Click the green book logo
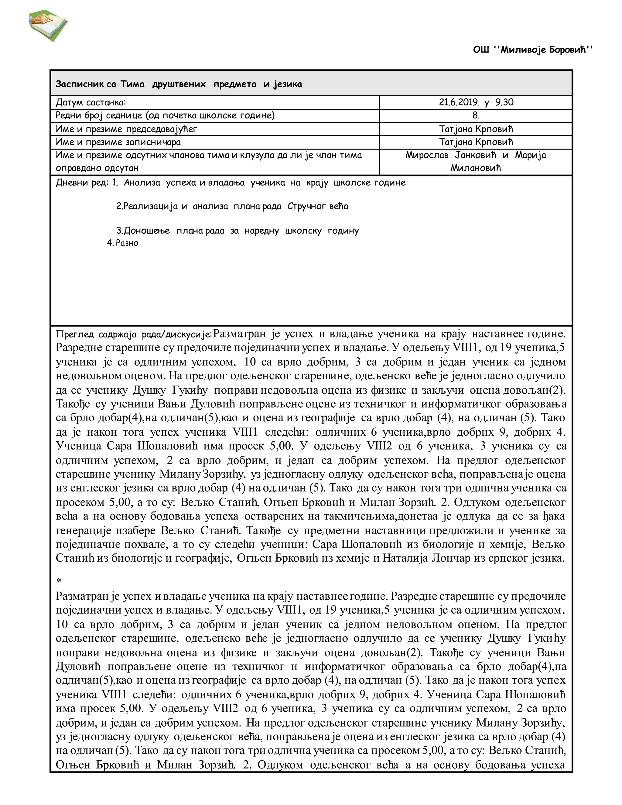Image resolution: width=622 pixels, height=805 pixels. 48,26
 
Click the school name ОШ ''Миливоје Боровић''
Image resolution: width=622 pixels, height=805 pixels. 533,50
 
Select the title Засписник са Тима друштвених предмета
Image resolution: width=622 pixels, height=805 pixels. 179,84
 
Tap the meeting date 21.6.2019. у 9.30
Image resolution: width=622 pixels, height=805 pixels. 476,102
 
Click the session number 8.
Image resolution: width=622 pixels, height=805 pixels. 476,115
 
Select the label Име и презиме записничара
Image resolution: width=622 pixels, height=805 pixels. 118,142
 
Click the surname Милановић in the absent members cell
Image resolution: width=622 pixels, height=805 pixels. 475,168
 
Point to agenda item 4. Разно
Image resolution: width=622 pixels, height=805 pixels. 123,243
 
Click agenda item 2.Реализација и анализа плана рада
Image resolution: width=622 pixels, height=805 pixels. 232,206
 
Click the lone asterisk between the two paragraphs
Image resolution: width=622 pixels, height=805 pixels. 59,581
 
